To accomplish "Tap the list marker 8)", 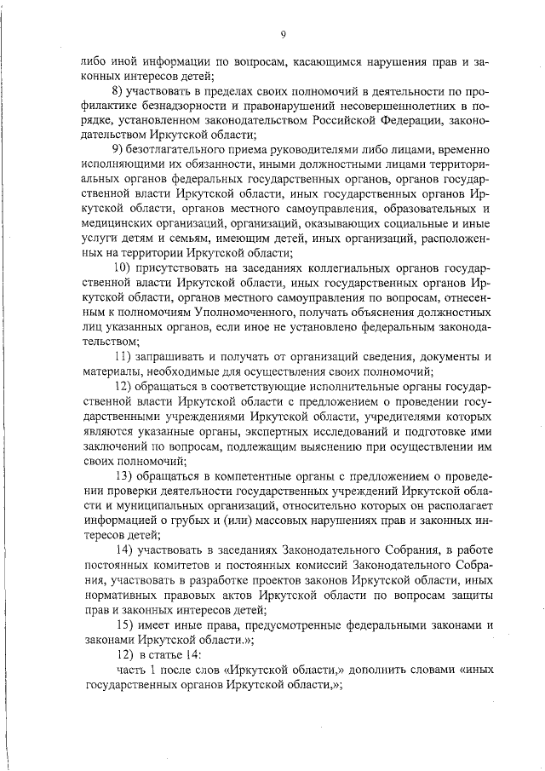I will click(121, 91).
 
